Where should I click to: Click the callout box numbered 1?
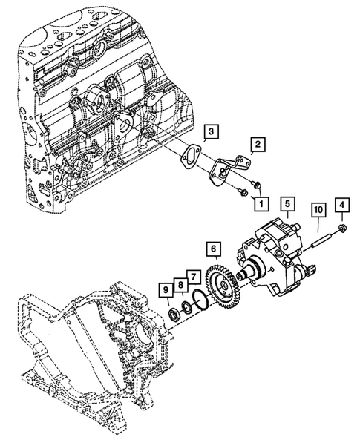tap(261, 203)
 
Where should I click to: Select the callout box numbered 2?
tap(258, 144)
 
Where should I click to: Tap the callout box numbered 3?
tap(211, 131)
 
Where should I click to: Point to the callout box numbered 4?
tap(342, 205)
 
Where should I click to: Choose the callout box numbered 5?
tap(287, 204)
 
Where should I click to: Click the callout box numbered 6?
tap(213, 249)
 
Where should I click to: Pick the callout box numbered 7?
tap(194, 277)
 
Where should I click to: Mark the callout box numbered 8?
tap(180, 285)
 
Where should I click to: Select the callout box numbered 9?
tap(166, 290)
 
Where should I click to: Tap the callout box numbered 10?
tap(318, 209)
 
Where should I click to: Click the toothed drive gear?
tap(222, 286)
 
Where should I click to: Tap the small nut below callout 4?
tap(342, 228)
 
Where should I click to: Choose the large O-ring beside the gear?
tap(201, 299)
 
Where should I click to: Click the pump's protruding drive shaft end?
tap(241, 275)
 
